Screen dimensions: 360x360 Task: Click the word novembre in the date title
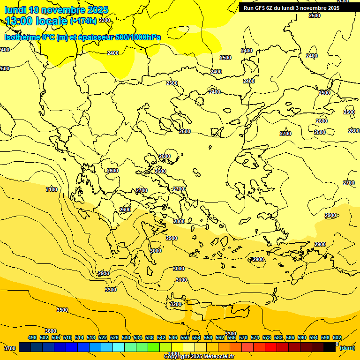point(63,10)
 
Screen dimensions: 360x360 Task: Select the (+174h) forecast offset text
point(83,21)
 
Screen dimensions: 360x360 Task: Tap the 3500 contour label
point(62,310)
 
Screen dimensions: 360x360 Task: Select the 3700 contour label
point(10,348)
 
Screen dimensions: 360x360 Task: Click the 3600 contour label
point(51,331)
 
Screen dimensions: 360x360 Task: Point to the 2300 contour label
point(105,20)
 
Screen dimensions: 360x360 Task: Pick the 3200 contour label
point(175,304)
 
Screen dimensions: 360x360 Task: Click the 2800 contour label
point(179,221)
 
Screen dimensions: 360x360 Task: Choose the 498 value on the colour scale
point(32,337)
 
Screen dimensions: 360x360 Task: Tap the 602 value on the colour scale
point(337,337)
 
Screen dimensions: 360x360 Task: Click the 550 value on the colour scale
point(185,337)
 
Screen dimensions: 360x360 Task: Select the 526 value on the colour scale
point(114,337)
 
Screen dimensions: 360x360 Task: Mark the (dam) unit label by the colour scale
point(347,348)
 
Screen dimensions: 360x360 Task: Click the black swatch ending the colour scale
point(330,347)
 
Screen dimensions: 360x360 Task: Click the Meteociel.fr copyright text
point(199,357)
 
